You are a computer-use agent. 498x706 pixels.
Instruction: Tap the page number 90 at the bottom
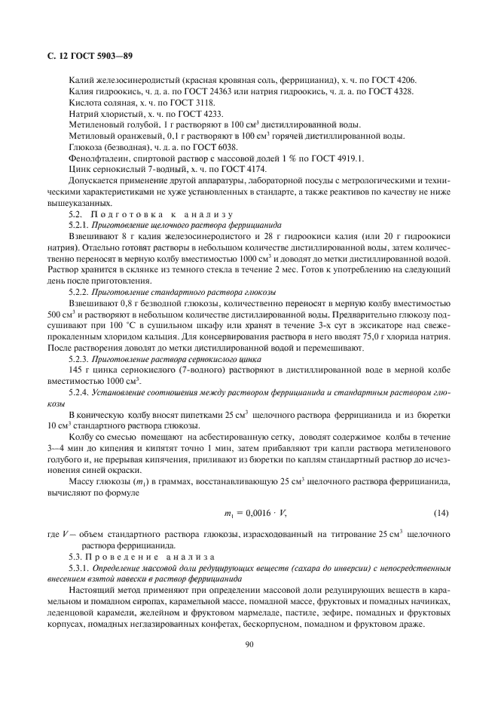tap(249, 643)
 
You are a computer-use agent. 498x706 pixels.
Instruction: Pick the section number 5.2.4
tap(78, 391)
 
